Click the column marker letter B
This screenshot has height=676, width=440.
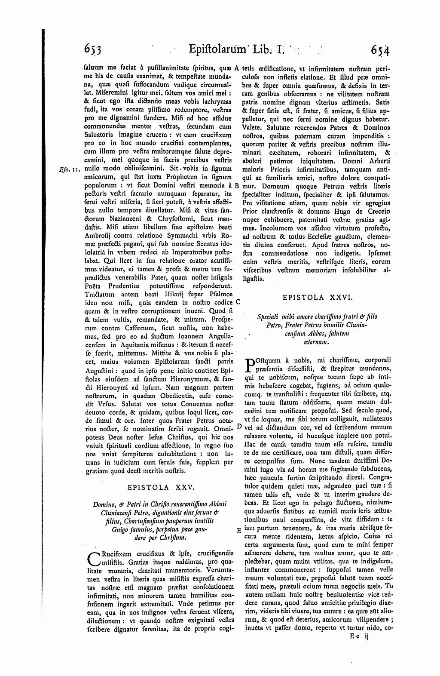click(237, 186)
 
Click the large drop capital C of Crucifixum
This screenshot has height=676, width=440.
click(92, 557)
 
